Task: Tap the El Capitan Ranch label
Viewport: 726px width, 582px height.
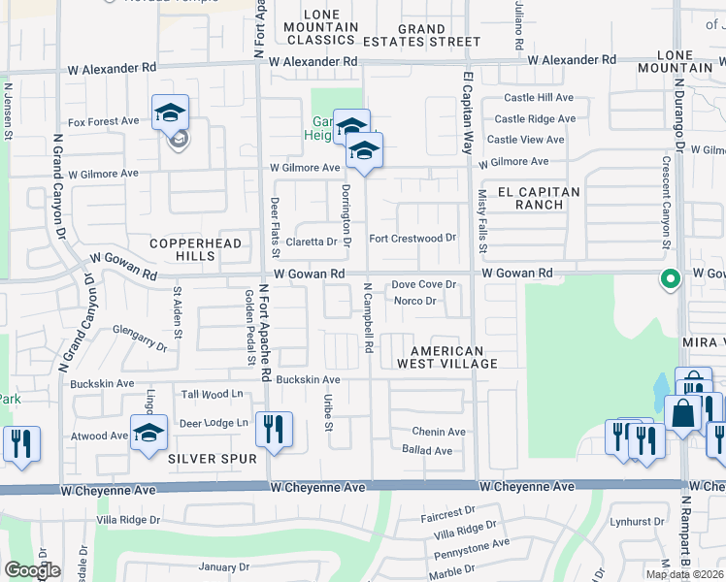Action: [x=539, y=198]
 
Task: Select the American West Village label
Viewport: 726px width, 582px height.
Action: [x=446, y=357]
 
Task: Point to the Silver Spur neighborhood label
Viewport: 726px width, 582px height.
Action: [x=212, y=458]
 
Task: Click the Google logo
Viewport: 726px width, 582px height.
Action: [x=32, y=570]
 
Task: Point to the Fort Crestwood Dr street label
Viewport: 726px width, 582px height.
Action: [x=412, y=239]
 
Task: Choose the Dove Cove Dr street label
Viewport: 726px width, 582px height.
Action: [x=423, y=285]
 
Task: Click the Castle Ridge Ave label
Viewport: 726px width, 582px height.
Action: [x=535, y=119]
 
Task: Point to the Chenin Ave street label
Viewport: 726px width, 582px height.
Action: [x=439, y=432]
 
